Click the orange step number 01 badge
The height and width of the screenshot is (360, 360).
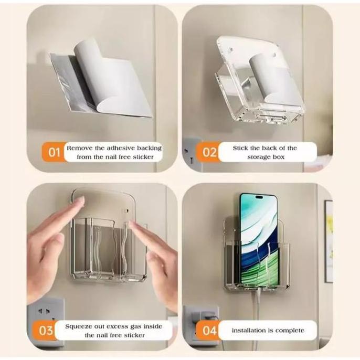[54, 153]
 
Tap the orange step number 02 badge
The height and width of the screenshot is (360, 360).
[209, 153]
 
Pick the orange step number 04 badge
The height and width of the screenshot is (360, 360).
[209, 331]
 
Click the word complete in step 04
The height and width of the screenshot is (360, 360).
[289, 331]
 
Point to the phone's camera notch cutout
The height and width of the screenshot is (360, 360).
[258, 198]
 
